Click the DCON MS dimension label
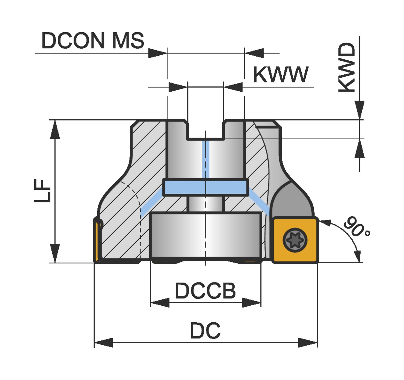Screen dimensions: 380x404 93,41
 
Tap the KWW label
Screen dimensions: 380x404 280,74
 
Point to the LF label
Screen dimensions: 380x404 43,191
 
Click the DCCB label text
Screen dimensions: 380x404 205,291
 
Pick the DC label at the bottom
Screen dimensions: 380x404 205,331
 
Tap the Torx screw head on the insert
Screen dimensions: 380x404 295,240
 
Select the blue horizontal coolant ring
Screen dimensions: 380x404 206,187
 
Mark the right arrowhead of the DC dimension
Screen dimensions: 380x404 308,343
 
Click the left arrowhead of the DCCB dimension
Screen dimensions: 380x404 159,302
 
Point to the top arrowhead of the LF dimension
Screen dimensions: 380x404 55,129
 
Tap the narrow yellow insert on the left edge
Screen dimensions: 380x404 97,240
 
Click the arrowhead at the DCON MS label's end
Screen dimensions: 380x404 158,53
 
